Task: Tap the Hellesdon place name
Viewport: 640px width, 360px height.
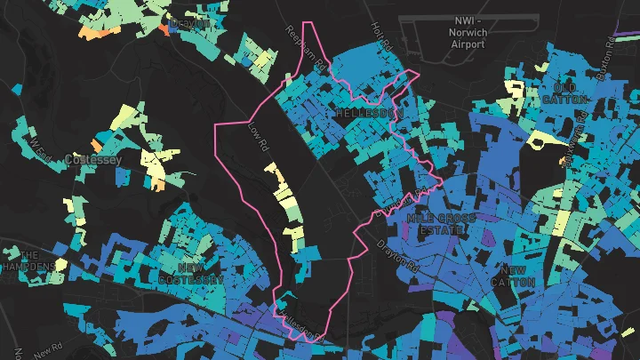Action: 371,114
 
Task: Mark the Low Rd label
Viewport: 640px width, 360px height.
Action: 258,141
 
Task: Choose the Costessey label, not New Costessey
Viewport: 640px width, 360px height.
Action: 86,160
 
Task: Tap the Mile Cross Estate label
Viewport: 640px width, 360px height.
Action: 441,223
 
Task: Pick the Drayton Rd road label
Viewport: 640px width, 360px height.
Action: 396,254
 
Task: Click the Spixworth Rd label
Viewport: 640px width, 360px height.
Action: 574,143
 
